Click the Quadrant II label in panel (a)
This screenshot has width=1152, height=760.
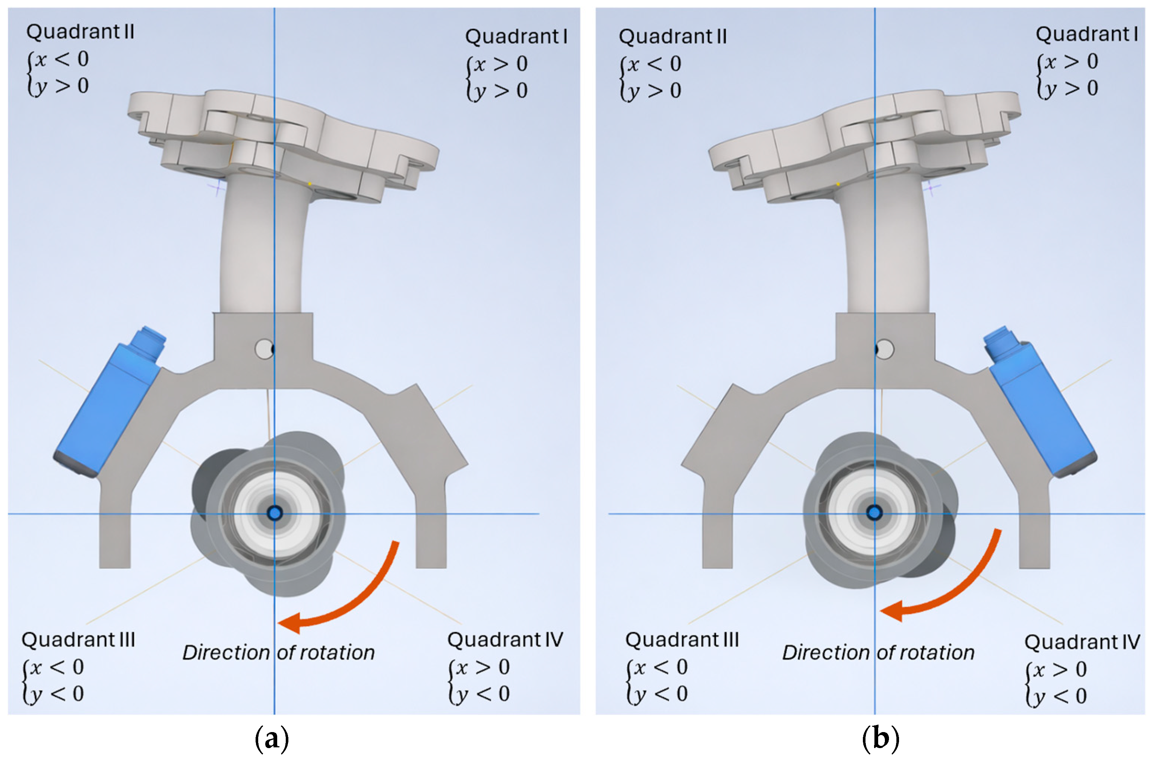[80, 32]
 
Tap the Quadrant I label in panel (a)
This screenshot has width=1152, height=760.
[516, 37]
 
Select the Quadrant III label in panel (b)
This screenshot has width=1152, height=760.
[682, 640]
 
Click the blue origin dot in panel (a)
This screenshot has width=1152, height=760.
[275, 513]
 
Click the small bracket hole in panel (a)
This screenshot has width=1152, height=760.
[265, 349]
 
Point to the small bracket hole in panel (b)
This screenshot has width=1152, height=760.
[884, 349]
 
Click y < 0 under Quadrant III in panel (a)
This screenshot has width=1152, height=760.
[56, 694]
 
